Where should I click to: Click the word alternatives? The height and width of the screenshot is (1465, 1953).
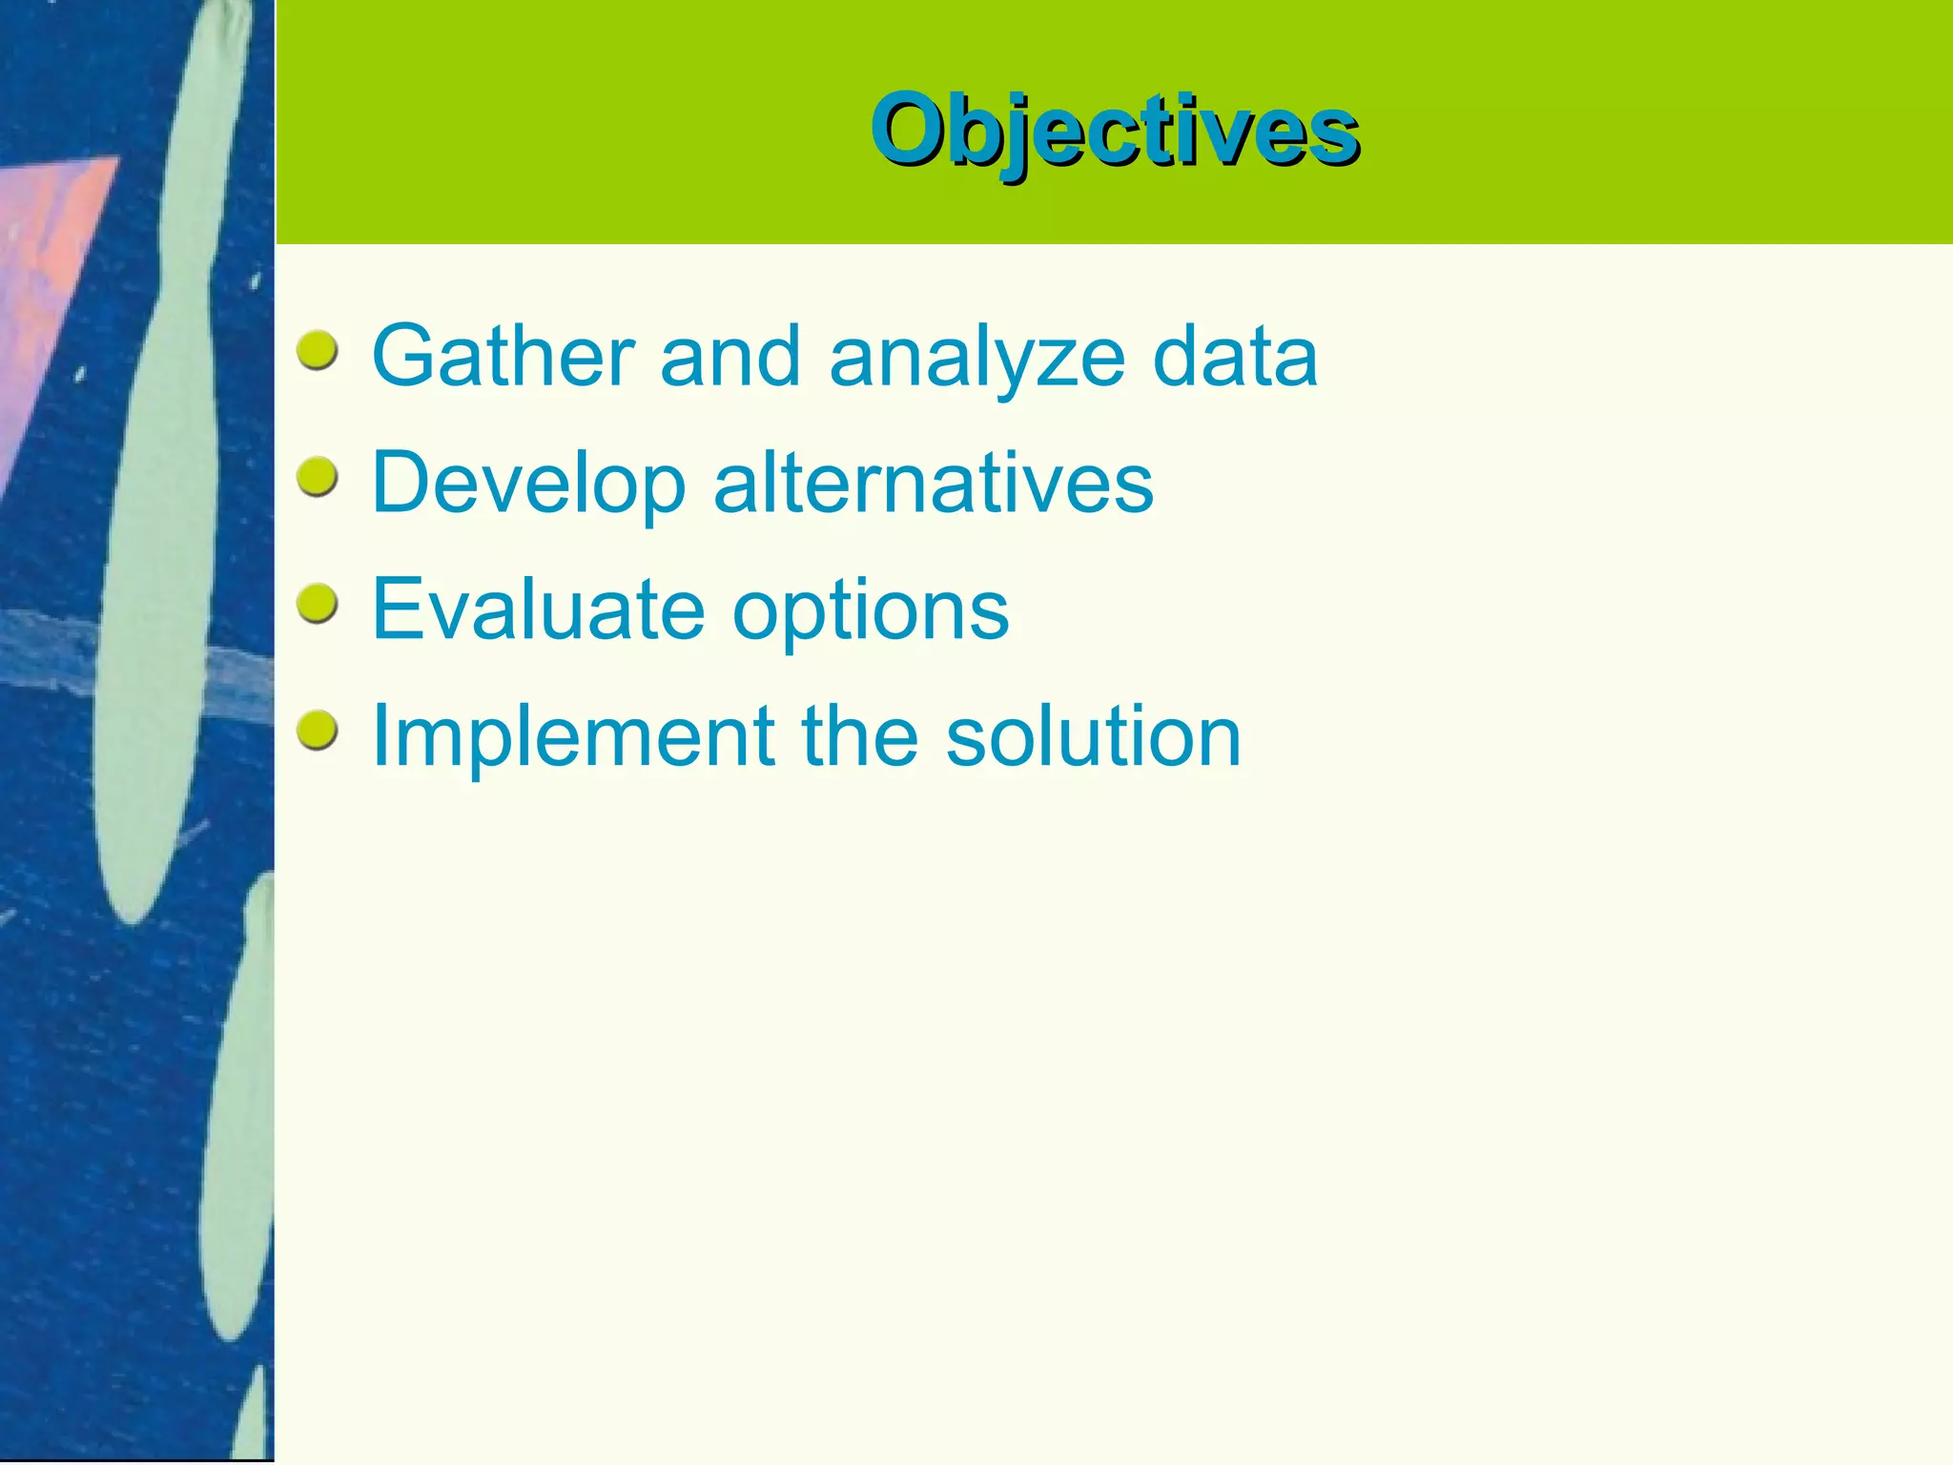933,483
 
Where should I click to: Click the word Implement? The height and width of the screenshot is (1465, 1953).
572,736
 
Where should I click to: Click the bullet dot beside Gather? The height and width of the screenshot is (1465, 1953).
317,351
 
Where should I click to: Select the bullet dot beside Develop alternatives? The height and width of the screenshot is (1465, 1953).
317,477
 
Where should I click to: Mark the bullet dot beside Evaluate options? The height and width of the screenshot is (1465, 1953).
317,605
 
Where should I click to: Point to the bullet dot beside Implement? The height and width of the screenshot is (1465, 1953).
317,732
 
